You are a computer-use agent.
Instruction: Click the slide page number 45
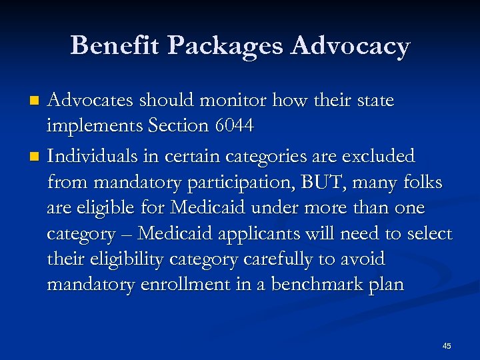click(x=447, y=345)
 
